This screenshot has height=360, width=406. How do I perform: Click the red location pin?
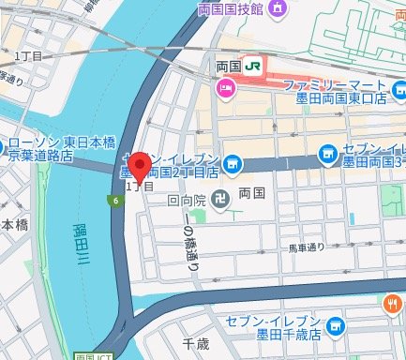[140, 167]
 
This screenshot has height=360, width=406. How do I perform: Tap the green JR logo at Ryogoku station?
[253, 66]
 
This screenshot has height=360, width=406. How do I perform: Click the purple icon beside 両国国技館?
[278, 10]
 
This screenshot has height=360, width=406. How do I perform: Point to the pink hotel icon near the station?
[225, 90]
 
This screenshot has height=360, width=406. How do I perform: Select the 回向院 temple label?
[188, 199]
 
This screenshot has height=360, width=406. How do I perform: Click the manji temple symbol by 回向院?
[218, 200]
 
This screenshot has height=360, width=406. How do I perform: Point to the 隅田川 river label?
[82, 246]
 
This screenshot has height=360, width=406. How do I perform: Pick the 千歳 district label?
[195, 343]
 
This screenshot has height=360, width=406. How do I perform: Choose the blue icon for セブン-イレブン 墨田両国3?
[326, 153]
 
